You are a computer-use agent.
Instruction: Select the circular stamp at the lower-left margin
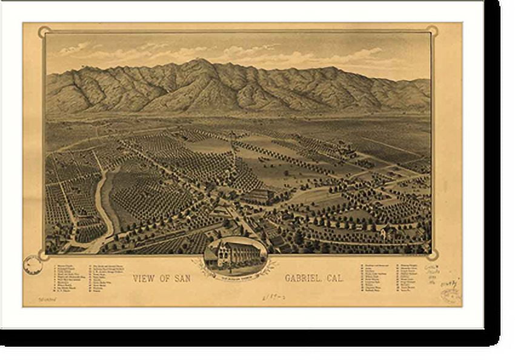(x=32, y=264)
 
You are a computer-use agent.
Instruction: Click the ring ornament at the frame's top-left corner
(x=44, y=32)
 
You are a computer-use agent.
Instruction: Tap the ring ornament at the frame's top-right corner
(x=431, y=32)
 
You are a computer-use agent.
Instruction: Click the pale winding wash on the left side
(x=105, y=200)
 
